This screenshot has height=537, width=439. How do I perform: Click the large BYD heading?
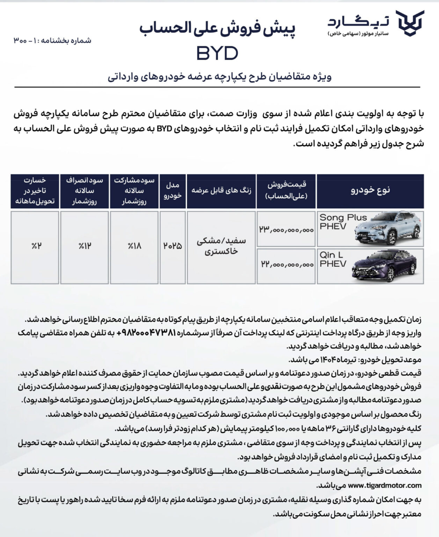pos(217,53)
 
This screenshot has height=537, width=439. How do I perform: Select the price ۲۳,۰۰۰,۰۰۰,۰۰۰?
pos(286,230)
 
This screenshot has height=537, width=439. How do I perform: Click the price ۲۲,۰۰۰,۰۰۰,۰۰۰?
pos(286,265)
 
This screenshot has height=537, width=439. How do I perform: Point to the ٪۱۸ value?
pos(132,247)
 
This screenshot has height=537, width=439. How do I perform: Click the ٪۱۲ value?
pos(84,247)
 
